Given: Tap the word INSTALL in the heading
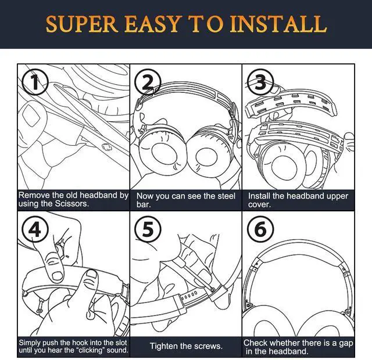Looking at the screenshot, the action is point(278,24).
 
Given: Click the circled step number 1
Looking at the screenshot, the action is point(35,82).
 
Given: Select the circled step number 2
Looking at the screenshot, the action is point(148,82).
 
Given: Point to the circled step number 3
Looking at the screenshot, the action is point(260,82).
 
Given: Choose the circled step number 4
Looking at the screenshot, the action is point(35,229).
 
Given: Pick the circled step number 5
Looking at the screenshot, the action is point(148,229).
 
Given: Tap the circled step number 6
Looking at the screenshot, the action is point(260,229).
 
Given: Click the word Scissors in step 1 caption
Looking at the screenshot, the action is point(71,204).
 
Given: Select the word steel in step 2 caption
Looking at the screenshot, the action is point(224,196).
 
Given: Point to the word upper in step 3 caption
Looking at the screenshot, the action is point(337,196).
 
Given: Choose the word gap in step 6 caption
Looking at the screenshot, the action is point(346,344).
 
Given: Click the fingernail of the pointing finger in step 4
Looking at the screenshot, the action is point(57,275).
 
